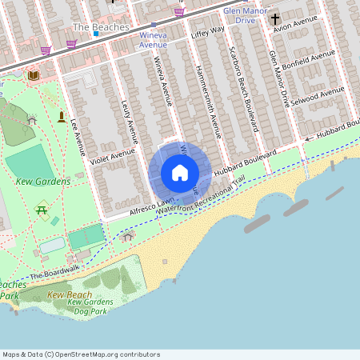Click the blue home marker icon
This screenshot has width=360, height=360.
click(x=180, y=173)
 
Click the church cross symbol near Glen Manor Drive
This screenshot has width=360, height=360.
click(x=275, y=18)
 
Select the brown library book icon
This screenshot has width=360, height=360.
click(x=33, y=75)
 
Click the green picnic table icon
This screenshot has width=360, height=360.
click(x=41, y=210)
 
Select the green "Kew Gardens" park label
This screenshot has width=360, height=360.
click(x=42, y=182)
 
